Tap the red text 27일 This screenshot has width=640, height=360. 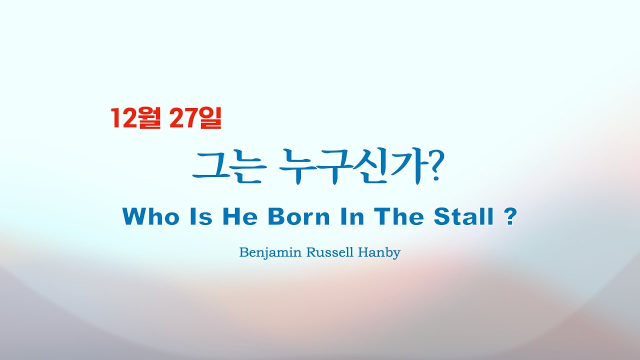pos(195,118)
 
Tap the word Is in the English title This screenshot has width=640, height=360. pos(200,217)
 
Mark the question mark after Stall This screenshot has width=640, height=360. pos(509,217)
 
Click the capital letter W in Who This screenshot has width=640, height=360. pos(134,217)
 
